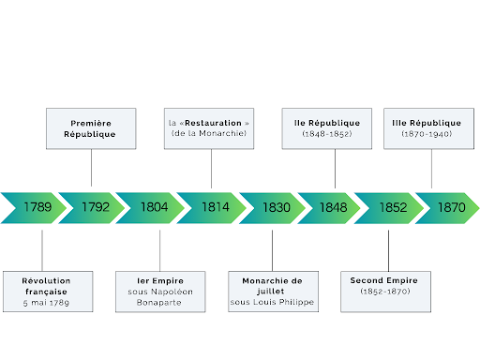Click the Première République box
tap(92, 128)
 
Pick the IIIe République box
tap(427, 128)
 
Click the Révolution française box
tap(48, 292)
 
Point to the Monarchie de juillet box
tap(273, 292)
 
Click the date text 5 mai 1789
tap(48, 304)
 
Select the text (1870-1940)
tap(427, 134)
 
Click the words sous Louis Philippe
tap(273, 304)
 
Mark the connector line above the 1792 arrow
tap(92, 169)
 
